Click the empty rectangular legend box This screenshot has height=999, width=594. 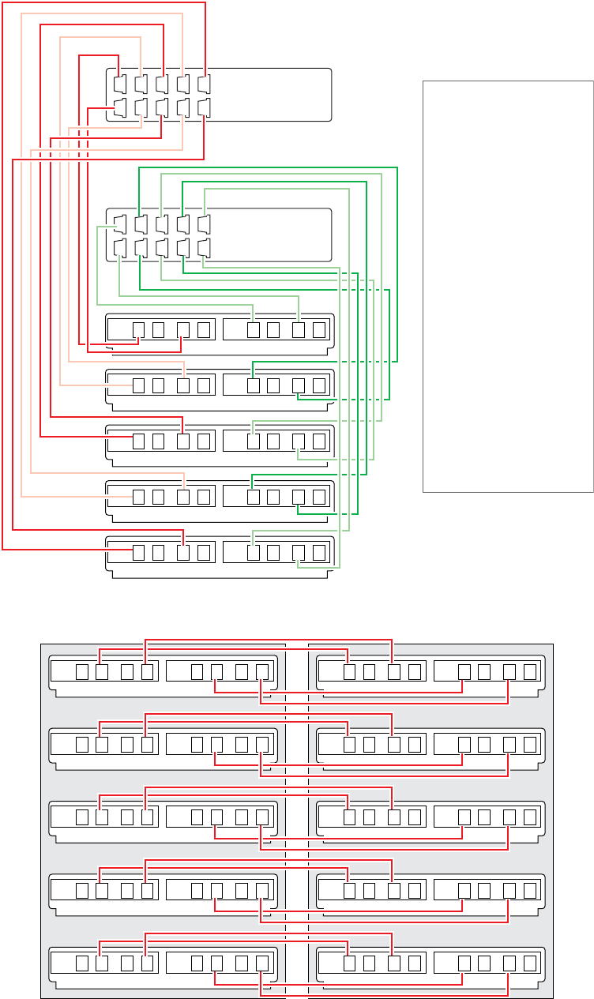click(x=508, y=286)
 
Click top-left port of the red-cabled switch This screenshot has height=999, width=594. click(x=120, y=83)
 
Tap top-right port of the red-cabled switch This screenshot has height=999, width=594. click(x=205, y=83)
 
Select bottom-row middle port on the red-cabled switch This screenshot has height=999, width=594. click(x=162, y=107)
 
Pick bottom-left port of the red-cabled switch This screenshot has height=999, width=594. click(x=120, y=107)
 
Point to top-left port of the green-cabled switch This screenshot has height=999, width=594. click(x=120, y=223)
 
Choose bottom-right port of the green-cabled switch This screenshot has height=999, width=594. click(x=205, y=248)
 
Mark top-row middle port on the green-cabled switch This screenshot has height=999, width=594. click(x=162, y=223)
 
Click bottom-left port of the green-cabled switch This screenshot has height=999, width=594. click(x=120, y=248)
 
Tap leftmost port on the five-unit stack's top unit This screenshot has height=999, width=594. click(x=138, y=329)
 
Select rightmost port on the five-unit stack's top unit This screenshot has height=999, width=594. click(x=319, y=329)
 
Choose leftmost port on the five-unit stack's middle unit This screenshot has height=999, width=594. click(x=138, y=441)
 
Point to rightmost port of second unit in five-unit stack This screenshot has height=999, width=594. click(x=319, y=385)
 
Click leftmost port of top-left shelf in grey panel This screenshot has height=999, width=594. click(x=82, y=672)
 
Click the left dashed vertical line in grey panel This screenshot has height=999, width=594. click(x=285, y=821)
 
